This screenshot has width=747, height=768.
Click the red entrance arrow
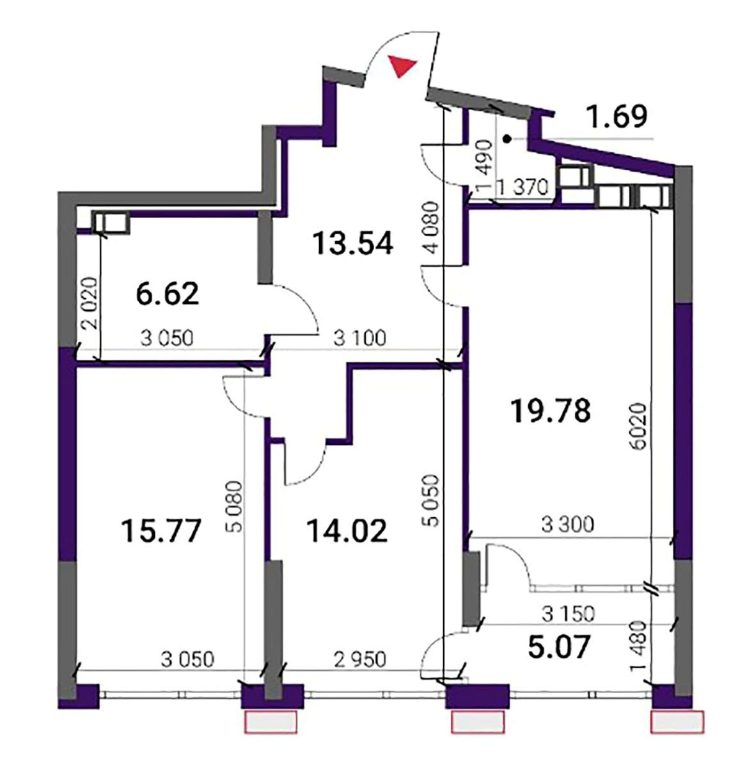(x=402, y=65)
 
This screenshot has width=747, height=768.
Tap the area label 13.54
(x=353, y=243)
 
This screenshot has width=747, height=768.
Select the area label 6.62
(x=167, y=294)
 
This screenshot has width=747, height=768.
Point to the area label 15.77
(x=162, y=531)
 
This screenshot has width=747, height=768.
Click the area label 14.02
(x=347, y=531)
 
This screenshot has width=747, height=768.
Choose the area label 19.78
(x=551, y=411)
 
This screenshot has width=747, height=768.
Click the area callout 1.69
(x=618, y=117)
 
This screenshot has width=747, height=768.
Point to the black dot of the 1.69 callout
(x=508, y=139)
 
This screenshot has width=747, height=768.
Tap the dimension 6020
(x=640, y=426)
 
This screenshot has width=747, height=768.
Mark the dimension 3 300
(x=567, y=525)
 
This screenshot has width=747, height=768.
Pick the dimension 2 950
(x=359, y=659)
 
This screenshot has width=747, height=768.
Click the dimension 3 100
(x=359, y=338)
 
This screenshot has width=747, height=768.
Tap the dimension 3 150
(x=568, y=614)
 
